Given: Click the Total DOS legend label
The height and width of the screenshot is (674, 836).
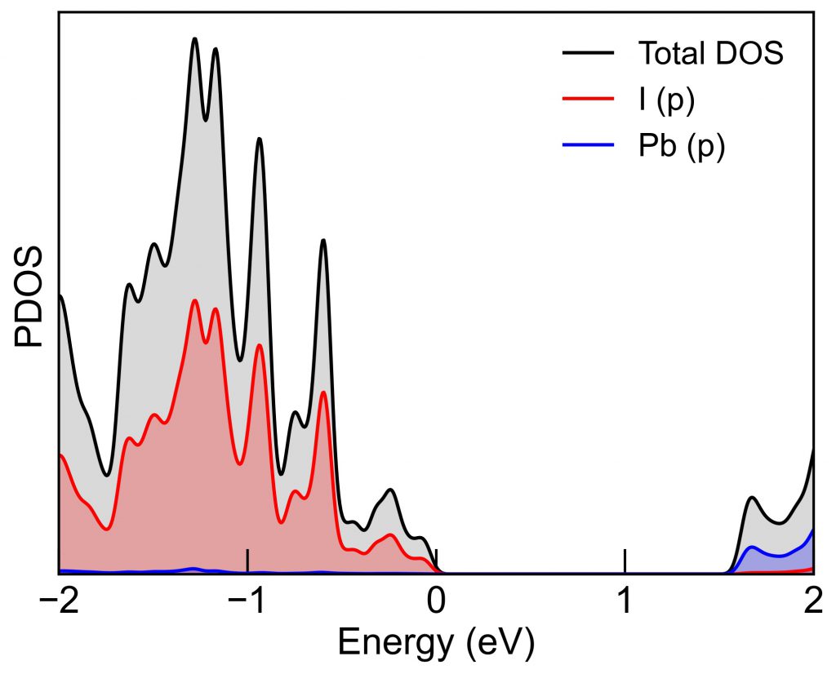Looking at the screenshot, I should coord(710,54).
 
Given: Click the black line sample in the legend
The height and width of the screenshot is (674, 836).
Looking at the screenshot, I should coord(588,54).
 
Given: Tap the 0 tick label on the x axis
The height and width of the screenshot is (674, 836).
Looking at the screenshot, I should coord(436,605).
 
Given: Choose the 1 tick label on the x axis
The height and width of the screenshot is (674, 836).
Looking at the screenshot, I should coord(625,605).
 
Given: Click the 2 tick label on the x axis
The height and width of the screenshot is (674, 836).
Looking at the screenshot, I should coord(813,605).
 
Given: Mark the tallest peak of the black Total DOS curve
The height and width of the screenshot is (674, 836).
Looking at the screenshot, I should coord(194,38).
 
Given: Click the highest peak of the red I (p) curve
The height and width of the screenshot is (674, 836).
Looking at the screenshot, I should coord(194,300).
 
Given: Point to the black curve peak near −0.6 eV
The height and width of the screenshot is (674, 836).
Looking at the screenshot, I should coord(323,240).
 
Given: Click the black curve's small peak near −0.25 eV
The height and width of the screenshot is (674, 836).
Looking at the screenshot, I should coord(391,490).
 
